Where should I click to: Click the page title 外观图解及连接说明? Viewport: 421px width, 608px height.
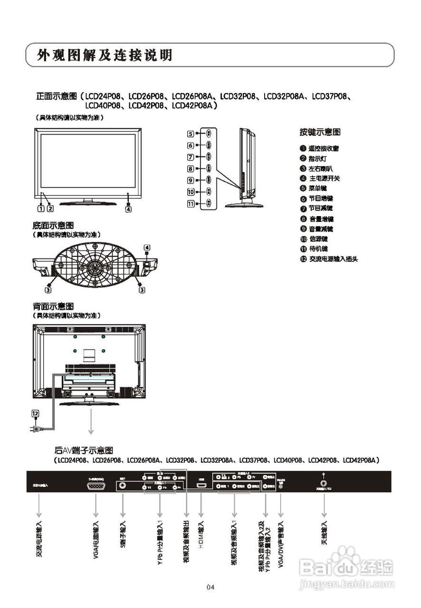click(x=105, y=56)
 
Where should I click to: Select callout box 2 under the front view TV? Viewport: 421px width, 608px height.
click(x=50, y=208)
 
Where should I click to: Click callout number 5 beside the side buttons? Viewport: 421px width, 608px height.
click(x=191, y=134)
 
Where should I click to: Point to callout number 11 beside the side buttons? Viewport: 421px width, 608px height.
click(x=191, y=204)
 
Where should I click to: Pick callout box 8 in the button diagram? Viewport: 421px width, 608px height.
click(x=191, y=169)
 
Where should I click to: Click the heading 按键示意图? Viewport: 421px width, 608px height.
click(x=320, y=132)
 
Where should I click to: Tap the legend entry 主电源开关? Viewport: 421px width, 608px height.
click(x=324, y=178)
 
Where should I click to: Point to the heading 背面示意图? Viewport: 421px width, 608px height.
click(x=53, y=307)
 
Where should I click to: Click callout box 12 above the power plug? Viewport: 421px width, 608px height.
click(x=35, y=414)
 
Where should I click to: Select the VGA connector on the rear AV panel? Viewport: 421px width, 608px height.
click(x=96, y=485)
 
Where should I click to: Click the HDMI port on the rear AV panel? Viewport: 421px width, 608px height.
click(x=201, y=486)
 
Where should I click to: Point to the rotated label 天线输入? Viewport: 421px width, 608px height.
click(x=325, y=532)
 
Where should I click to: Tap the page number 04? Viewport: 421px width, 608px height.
click(x=210, y=588)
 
